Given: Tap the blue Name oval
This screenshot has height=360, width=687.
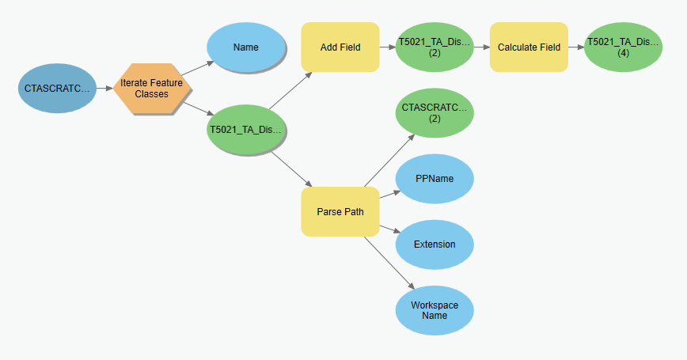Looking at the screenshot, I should (246, 47).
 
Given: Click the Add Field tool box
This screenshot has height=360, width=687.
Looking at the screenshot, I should (340, 47).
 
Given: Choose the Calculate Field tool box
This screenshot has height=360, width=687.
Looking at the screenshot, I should (529, 47).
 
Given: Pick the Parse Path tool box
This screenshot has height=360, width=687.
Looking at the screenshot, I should (340, 212).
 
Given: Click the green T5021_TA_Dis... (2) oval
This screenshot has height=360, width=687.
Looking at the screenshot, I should (435, 47).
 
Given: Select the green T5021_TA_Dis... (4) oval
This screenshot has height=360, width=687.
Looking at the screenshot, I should (623, 47).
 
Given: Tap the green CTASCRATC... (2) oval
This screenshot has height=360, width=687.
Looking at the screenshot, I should (435, 112).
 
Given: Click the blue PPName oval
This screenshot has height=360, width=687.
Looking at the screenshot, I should (435, 179).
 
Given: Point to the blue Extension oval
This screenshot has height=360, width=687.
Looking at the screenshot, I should (435, 244).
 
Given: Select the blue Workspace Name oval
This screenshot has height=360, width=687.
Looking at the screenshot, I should (435, 309).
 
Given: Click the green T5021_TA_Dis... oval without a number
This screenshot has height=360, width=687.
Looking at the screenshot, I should (246, 130).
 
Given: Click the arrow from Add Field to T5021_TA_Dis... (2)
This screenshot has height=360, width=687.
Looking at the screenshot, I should (388, 47).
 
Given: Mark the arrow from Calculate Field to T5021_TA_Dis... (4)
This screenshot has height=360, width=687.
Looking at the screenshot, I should (576, 47).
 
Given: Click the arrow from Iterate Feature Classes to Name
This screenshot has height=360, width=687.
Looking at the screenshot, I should (197, 68).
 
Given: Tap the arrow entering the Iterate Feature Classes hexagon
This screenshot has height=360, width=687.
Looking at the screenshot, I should (104, 88).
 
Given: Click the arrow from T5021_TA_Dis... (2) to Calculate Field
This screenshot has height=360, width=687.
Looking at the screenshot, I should (482, 47).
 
